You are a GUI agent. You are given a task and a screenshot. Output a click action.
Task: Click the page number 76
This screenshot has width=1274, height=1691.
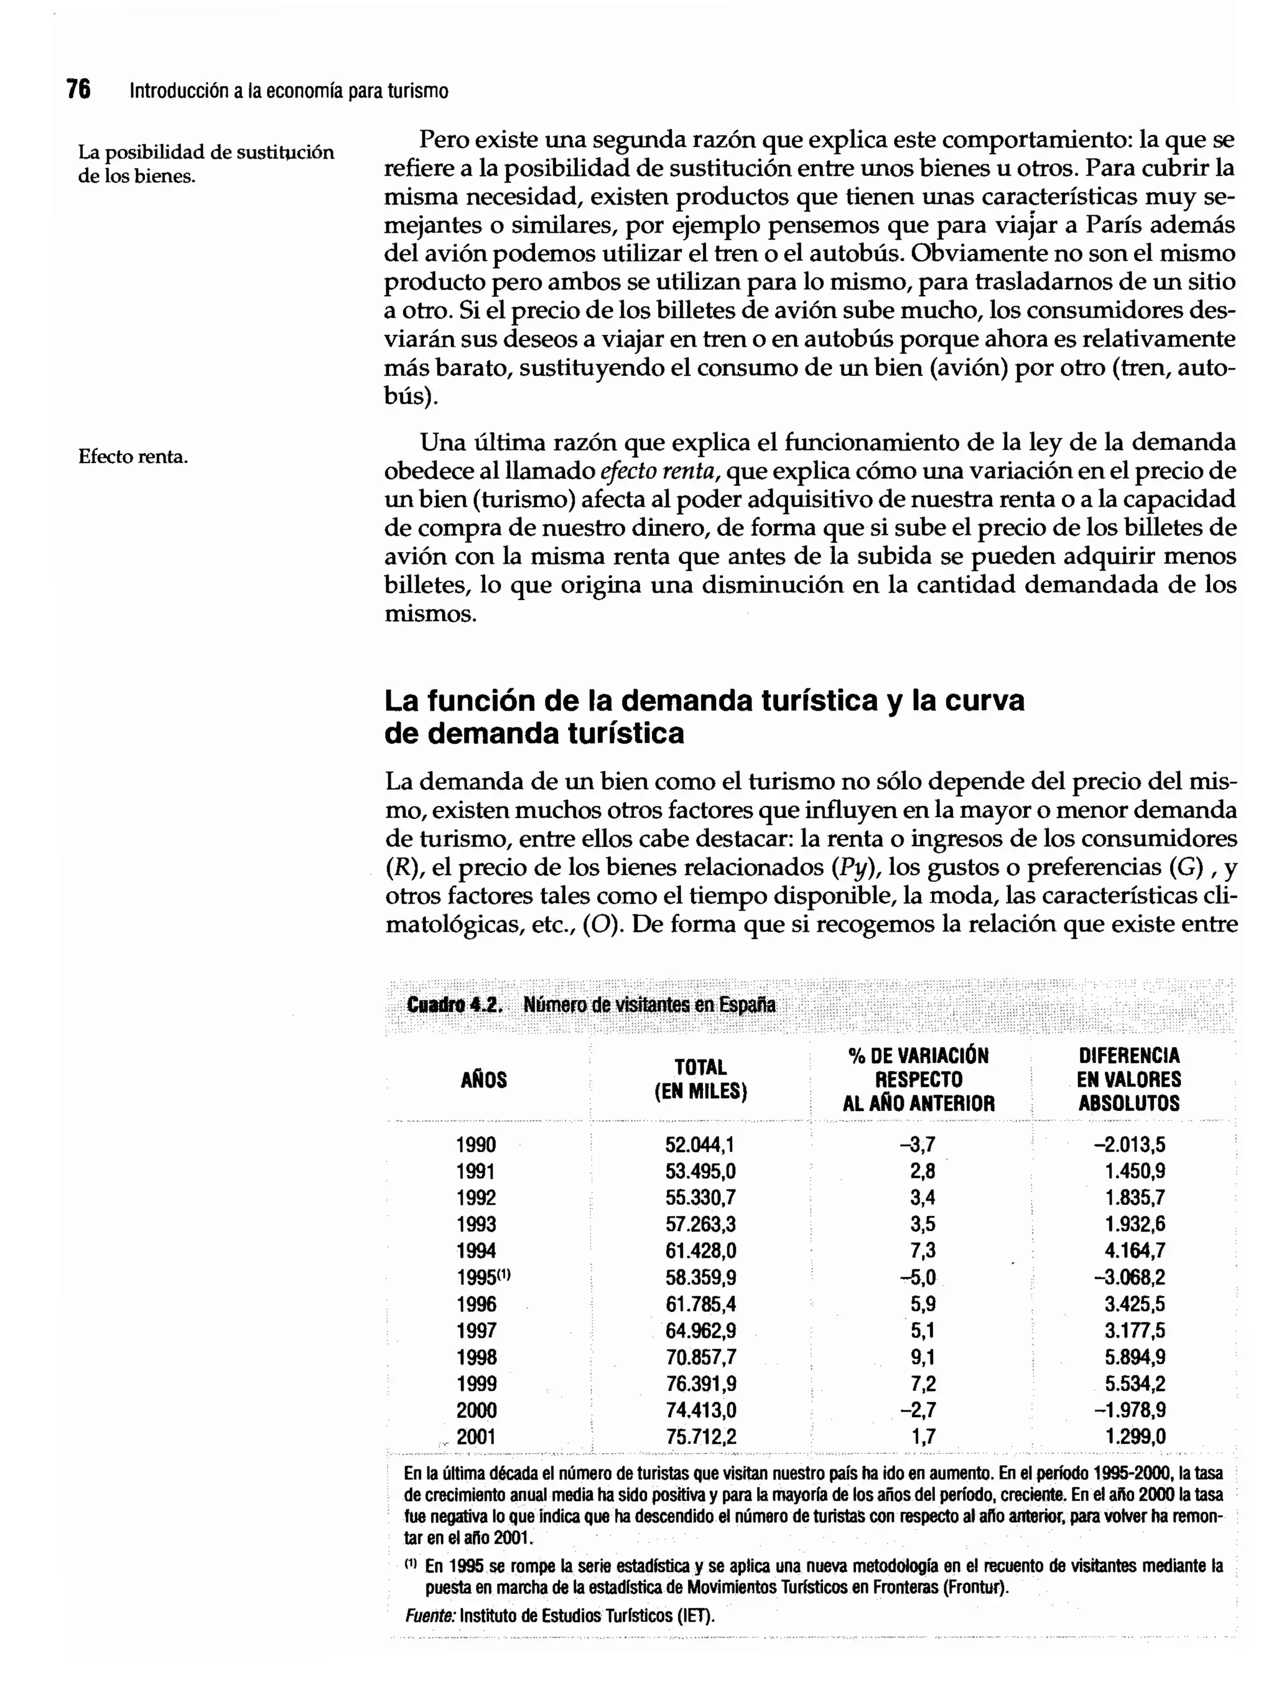point(78,90)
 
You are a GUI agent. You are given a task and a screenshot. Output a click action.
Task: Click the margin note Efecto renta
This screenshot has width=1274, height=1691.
point(133,457)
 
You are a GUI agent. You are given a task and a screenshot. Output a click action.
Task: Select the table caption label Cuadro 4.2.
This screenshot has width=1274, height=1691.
point(455,1005)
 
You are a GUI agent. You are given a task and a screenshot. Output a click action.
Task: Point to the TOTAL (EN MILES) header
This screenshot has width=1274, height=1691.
point(700,1079)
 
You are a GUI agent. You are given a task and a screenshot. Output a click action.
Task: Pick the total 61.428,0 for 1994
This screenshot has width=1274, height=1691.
point(700,1250)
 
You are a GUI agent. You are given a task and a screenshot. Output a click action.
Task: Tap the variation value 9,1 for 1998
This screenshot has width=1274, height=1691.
point(922,1357)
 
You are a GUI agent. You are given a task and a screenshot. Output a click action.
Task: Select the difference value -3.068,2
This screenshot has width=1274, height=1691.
point(1129,1277)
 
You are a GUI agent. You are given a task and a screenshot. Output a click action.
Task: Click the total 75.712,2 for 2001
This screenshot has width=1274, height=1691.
point(700,1436)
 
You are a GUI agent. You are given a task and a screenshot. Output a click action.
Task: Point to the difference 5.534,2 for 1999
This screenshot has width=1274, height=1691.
point(1134,1384)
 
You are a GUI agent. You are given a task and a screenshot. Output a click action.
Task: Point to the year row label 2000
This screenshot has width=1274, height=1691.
point(476,1410)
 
